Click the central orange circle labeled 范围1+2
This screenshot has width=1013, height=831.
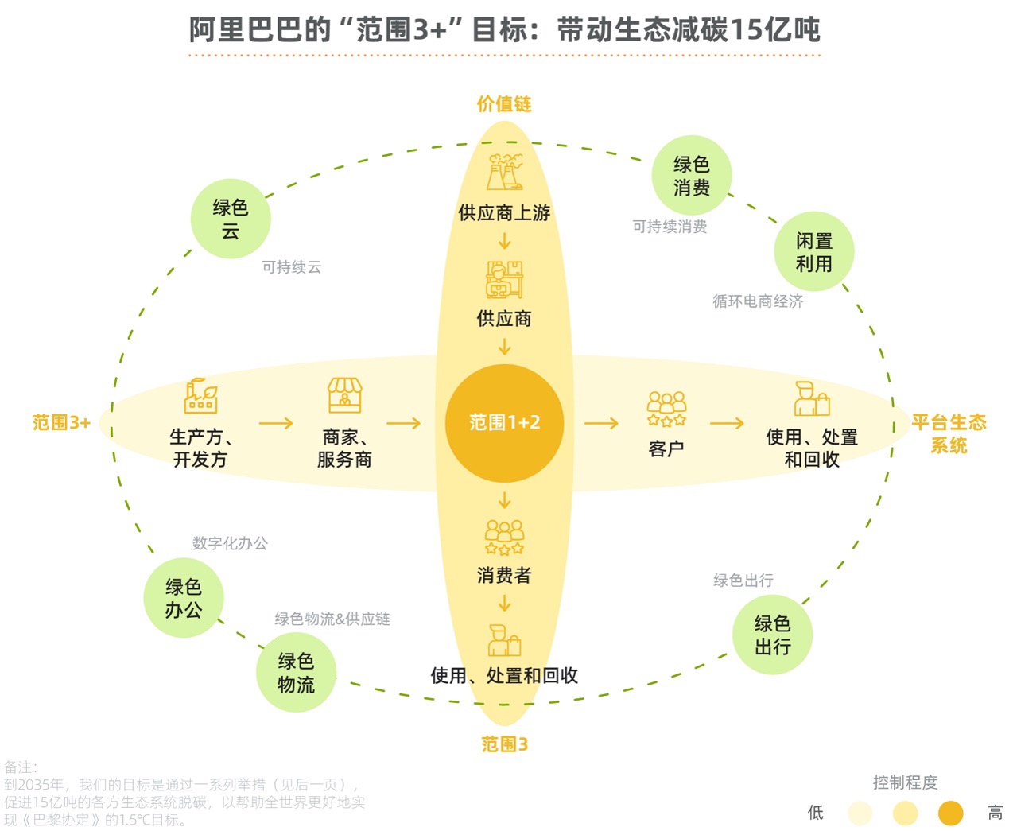(504, 423)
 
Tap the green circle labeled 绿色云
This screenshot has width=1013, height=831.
(231, 219)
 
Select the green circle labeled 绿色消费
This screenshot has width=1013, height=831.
(691, 175)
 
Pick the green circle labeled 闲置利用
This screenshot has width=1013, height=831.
(813, 251)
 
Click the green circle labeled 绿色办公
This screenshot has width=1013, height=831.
(184, 597)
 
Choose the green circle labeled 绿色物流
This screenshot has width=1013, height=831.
(296, 672)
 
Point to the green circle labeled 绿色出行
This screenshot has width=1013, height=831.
(772, 635)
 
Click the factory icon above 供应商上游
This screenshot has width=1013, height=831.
(504, 172)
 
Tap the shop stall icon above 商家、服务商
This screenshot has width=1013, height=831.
(344, 395)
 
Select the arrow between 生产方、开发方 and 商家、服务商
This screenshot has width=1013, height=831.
(276, 423)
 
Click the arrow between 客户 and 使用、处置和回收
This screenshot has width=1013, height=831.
(727, 423)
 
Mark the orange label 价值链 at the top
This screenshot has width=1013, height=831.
(504, 103)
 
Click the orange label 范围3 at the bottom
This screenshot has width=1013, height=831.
(504, 744)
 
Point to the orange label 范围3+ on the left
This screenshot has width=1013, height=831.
(61, 423)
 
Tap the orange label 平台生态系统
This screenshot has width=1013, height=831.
(949, 433)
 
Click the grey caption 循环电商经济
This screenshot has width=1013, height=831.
(758, 301)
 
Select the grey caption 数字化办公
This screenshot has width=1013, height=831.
(230, 543)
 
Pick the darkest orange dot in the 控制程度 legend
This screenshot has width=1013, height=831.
(950, 814)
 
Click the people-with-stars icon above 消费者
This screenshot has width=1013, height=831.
(504, 538)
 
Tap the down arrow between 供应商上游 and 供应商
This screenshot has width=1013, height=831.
(504, 241)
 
